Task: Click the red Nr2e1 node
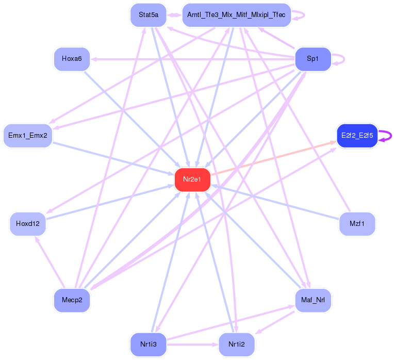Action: click(192, 179)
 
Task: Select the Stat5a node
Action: click(148, 15)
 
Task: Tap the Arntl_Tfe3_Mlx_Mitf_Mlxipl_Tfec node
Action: click(237, 15)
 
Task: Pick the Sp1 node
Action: click(313, 59)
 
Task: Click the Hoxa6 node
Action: click(72, 59)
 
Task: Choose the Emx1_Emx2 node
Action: click(28, 136)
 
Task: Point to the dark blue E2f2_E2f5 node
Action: click(357, 136)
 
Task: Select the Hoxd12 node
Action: click(28, 224)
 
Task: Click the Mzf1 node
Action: click(357, 224)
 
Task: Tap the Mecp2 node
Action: click(72, 300)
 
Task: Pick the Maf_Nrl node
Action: click(313, 300)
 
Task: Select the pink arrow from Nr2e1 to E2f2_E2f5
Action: click(273, 158)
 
